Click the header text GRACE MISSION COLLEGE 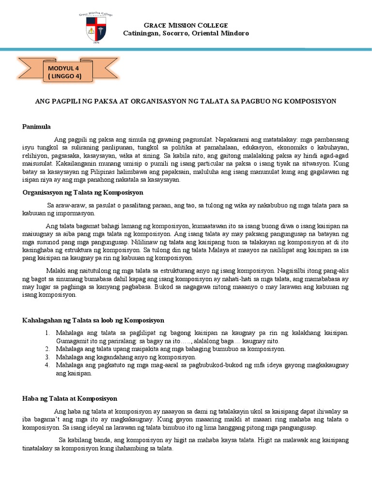click(186, 25)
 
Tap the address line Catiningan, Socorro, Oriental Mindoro click(186, 33)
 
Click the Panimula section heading click(36, 127)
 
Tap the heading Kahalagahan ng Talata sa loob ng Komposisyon click(93, 320)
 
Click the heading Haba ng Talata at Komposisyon click(70, 398)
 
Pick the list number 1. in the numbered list click(47, 334)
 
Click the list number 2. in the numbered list click(47, 349)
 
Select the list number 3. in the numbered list click(47, 357)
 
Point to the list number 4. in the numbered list click(47, 365)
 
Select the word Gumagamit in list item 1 click(72, 341)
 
